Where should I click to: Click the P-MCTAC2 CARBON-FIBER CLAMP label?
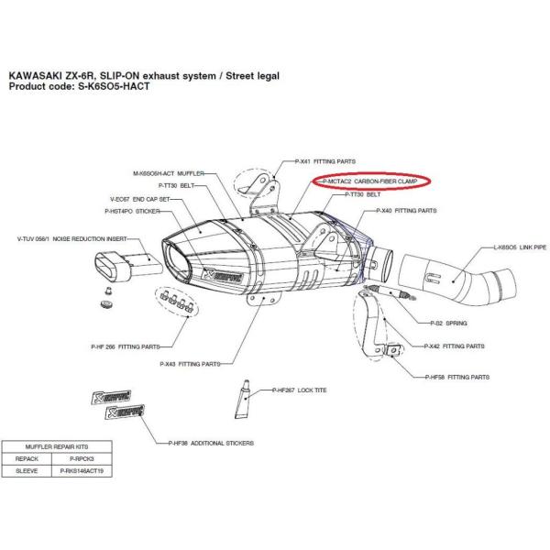click(x=372, y=182)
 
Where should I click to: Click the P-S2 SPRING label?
click(x=449, y=324)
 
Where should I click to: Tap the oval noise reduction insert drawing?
click(x=125, y=265)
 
